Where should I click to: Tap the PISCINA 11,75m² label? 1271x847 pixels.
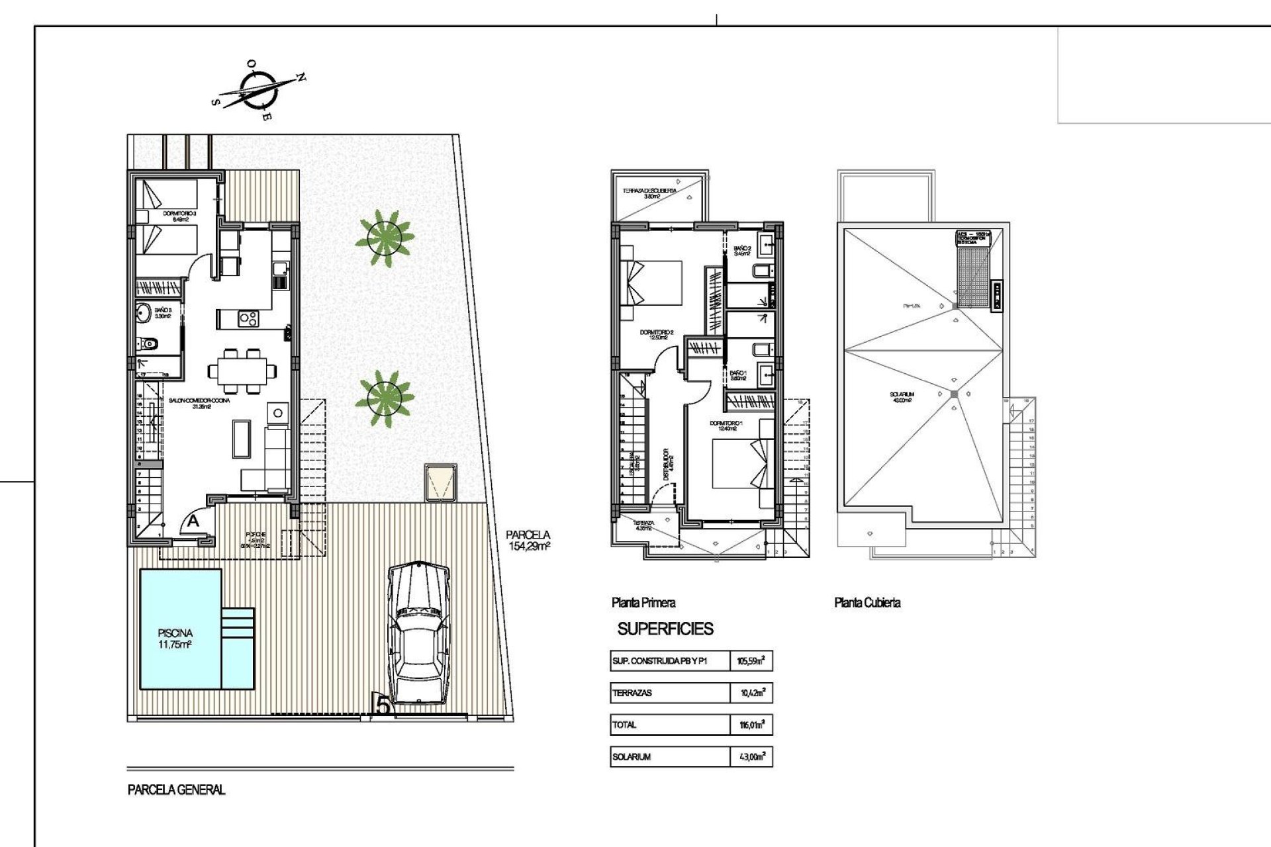(175, 639)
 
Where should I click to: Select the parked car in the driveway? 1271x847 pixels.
(418, 634)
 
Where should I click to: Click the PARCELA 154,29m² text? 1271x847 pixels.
(528, 541)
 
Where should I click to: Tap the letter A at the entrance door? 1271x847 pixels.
(193, 521)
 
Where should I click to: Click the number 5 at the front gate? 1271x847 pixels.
(383, 705)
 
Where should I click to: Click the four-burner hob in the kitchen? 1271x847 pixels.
(248, 319)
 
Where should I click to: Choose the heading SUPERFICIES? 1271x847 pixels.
(665, 629)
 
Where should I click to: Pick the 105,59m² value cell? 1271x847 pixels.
(751, 660)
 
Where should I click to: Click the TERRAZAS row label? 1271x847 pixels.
(632, 693)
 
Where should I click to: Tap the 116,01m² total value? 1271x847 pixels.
(752, 725)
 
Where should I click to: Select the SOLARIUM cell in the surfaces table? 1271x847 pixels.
(632, 756)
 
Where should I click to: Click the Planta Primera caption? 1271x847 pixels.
(643, 603)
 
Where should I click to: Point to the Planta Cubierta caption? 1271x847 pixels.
(867, 603)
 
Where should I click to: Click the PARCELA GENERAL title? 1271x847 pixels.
(177, 789)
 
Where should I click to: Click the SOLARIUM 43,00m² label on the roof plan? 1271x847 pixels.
(902, 397)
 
